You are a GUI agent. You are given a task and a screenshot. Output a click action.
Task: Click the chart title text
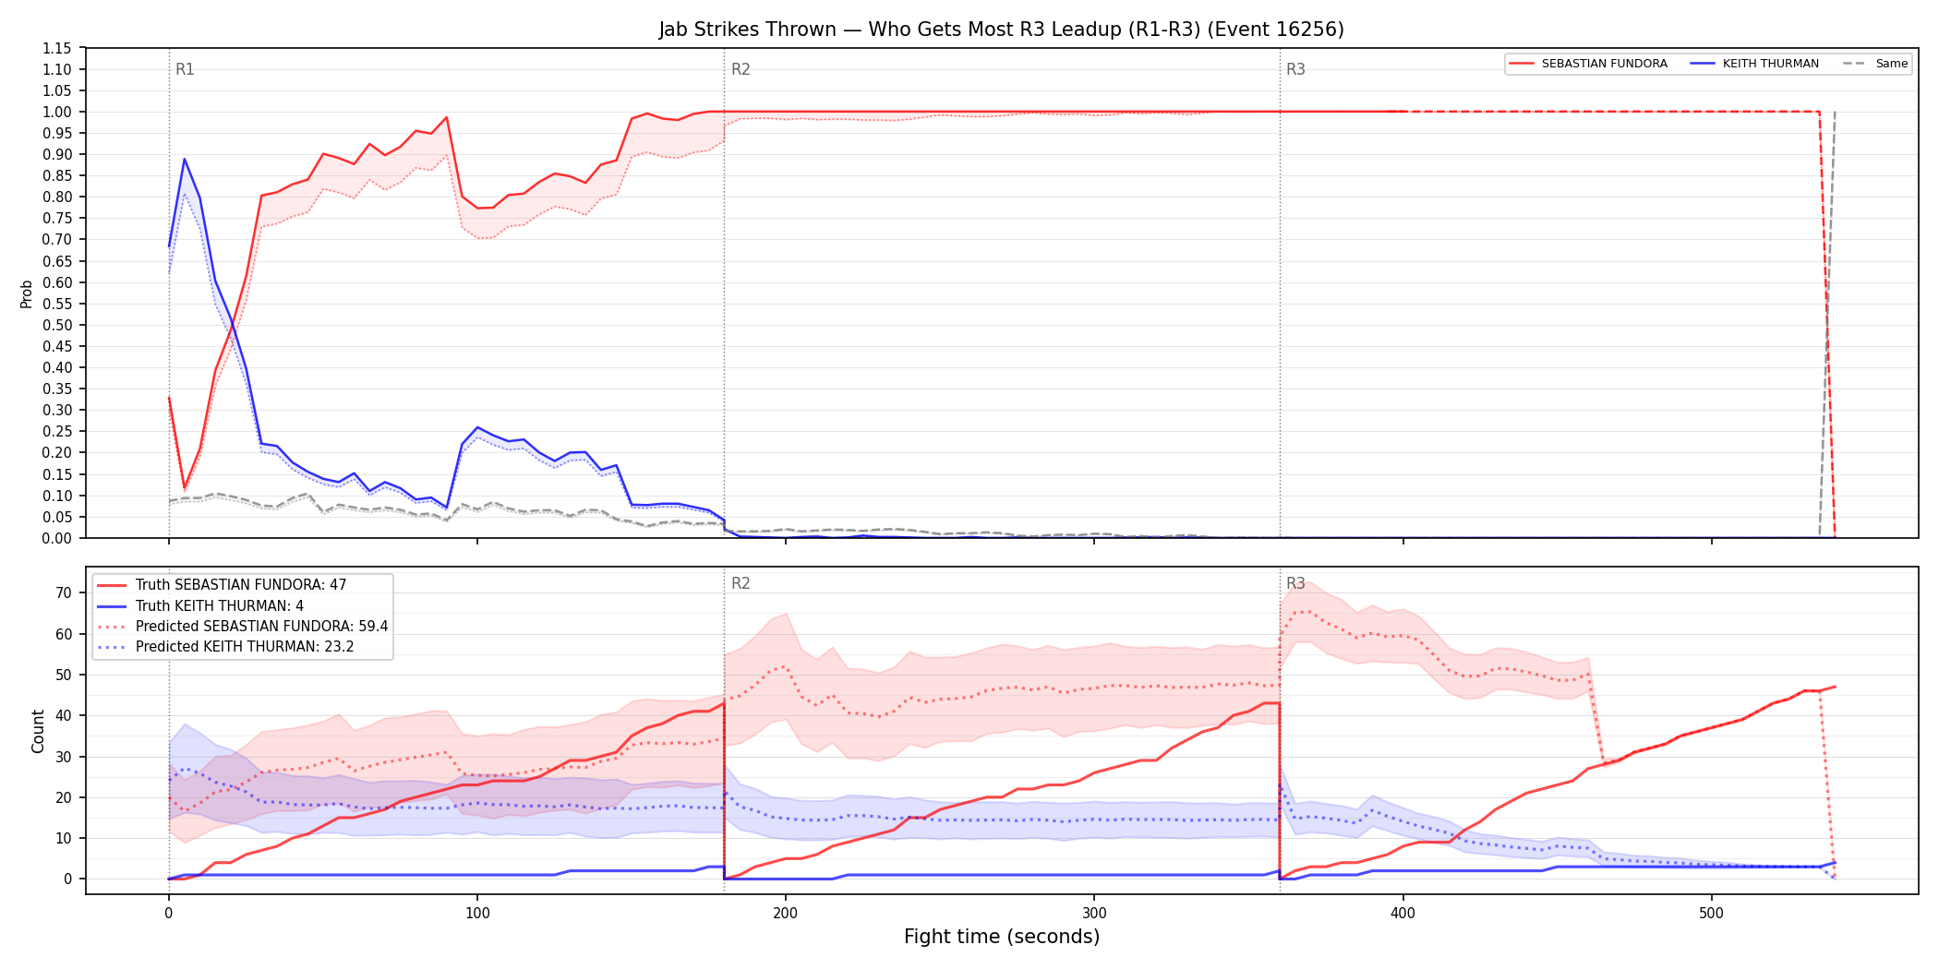1001,30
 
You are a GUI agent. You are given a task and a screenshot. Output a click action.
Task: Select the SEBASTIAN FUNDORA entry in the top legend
1588,64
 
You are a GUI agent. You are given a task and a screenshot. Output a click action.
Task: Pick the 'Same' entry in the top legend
1875,64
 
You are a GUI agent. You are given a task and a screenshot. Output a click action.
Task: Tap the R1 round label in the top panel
185,69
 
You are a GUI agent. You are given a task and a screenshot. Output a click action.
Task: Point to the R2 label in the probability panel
741,69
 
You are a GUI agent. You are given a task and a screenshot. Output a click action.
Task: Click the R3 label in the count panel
1295,583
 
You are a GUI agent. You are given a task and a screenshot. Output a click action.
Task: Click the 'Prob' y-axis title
27,293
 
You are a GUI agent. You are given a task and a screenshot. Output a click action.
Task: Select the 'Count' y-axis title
38,731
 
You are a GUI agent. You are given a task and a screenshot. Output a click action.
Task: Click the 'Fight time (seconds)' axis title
1002,937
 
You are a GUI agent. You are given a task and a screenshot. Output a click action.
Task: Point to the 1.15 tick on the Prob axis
57,48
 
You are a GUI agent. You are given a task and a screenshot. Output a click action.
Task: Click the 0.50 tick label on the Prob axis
57,325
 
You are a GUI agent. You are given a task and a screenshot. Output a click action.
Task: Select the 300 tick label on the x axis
1094,914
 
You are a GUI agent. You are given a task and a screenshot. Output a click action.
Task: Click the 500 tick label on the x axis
1711,914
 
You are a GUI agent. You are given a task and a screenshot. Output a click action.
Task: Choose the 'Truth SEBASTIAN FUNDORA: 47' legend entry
222,585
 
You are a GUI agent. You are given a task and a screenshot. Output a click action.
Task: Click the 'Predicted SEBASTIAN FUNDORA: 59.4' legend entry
242,627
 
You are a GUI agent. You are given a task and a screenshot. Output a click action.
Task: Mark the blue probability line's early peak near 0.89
185,159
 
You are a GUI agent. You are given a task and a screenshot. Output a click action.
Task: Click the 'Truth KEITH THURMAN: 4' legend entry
199,606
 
